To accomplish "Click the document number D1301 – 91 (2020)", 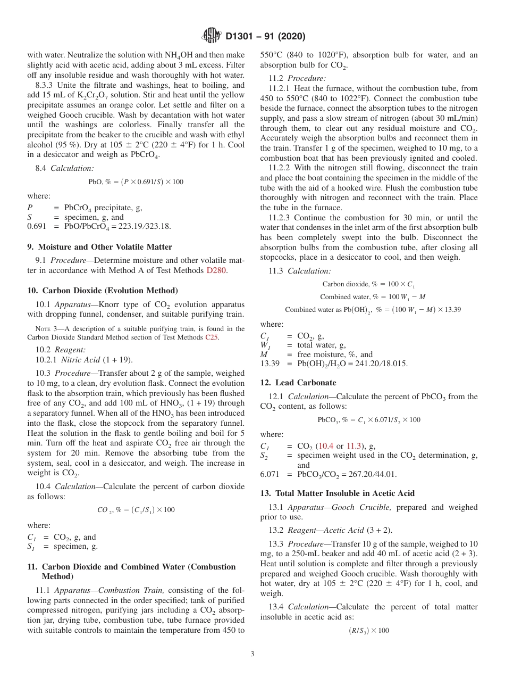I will coord(265,37).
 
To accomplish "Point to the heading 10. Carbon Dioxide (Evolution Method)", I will coord(103,290).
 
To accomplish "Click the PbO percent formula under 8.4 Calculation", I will coord(136,181).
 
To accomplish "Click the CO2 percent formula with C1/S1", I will coord(136,510).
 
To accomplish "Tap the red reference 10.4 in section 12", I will coord(324,446).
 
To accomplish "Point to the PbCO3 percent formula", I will coord(368,419).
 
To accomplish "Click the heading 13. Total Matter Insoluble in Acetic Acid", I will coord(338,493).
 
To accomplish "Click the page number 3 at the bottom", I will coord(252,654).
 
